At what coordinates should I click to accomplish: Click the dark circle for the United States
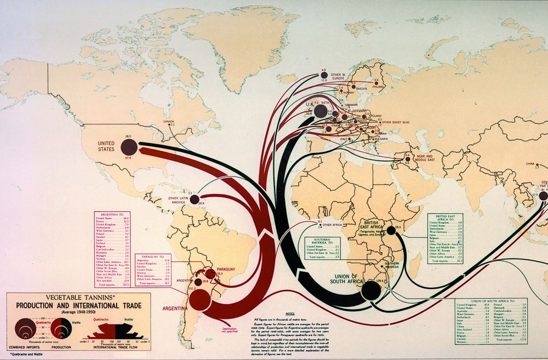pos(128,146)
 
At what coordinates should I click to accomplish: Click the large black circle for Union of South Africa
pos(371,290)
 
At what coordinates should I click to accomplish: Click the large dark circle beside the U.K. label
pos(321,112)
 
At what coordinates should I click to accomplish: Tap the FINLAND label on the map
pos(377,86)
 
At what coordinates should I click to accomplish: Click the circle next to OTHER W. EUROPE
pos(323,76)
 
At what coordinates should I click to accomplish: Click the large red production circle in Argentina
pos(199,299)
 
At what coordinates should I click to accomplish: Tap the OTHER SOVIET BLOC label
pos(398,122)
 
